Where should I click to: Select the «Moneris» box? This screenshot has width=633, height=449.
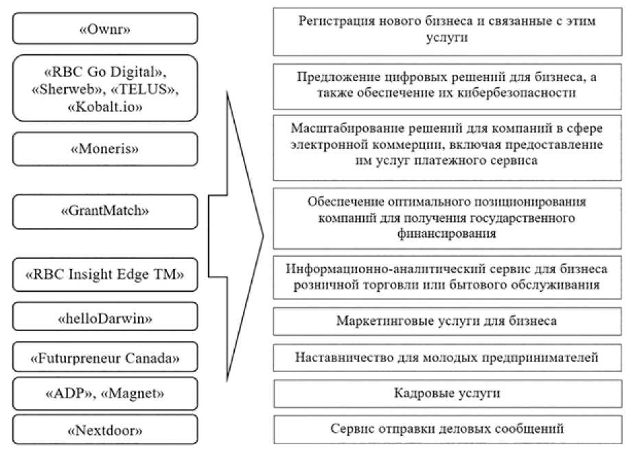(105, 148)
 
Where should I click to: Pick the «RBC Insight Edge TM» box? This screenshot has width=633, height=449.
(105, 275)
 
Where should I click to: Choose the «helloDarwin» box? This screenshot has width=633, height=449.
(105, 319)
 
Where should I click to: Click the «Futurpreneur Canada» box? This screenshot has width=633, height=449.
(105, 358)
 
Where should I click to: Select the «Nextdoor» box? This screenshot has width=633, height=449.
(105, 431)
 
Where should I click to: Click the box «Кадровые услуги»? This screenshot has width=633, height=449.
(447, 394)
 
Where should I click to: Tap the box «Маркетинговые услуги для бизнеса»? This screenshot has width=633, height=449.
(447, 321)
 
